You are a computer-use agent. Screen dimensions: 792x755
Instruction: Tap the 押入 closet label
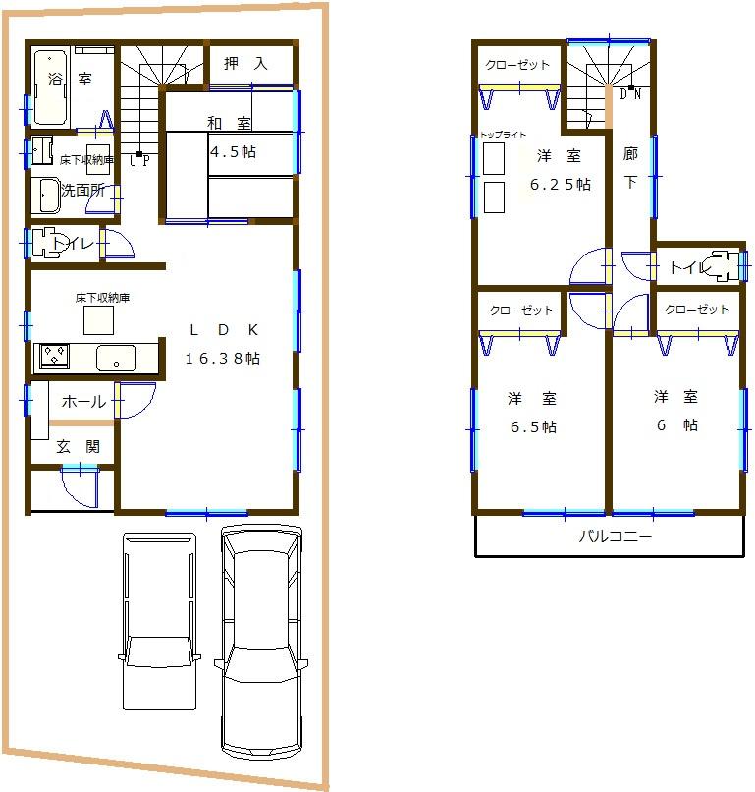tap(245, 64)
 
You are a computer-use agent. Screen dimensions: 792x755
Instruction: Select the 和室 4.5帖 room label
tap(230, 138)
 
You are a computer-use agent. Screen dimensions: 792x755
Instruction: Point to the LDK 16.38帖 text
tap(223, 343)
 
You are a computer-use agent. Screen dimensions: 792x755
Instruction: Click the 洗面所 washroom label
tap(83, 191)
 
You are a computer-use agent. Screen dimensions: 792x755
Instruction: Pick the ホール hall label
tap(83, 402)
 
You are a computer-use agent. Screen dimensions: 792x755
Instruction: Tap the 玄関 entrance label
tap(78, 446)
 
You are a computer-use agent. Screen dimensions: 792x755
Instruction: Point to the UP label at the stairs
tap(140, 160)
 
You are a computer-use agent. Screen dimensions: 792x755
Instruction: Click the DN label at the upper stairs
tap(629, 94)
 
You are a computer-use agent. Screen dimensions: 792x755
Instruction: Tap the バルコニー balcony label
tap(615, 537)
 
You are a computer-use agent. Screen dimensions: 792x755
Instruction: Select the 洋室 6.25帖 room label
tap(559, 169)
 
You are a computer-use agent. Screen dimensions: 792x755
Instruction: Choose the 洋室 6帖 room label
tap(676, 411)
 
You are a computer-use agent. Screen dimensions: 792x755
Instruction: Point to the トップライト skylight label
tap(504, 135)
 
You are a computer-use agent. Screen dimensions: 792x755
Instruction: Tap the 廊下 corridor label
tap(629, 169)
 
